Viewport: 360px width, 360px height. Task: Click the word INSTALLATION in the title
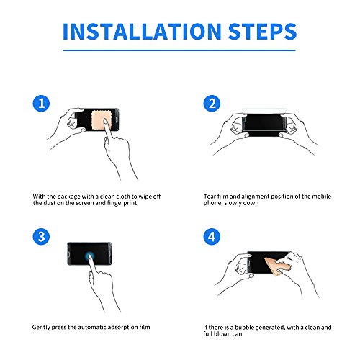[142, 32]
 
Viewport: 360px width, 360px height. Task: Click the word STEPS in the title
[263, 32]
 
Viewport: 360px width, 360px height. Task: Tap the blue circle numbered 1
[41, 104]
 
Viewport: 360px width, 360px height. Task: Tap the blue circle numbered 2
[212, 104]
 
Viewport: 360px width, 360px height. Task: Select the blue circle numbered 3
[41, 236]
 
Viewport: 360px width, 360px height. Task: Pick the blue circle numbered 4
[212, 236]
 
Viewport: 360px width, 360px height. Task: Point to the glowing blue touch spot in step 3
[90, 256]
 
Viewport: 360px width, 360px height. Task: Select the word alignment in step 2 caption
[255, 197]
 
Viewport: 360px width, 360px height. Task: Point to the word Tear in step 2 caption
[210, 197]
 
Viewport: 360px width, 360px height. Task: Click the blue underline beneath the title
[179, 50]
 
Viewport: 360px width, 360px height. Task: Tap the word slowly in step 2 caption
[232, 203]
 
